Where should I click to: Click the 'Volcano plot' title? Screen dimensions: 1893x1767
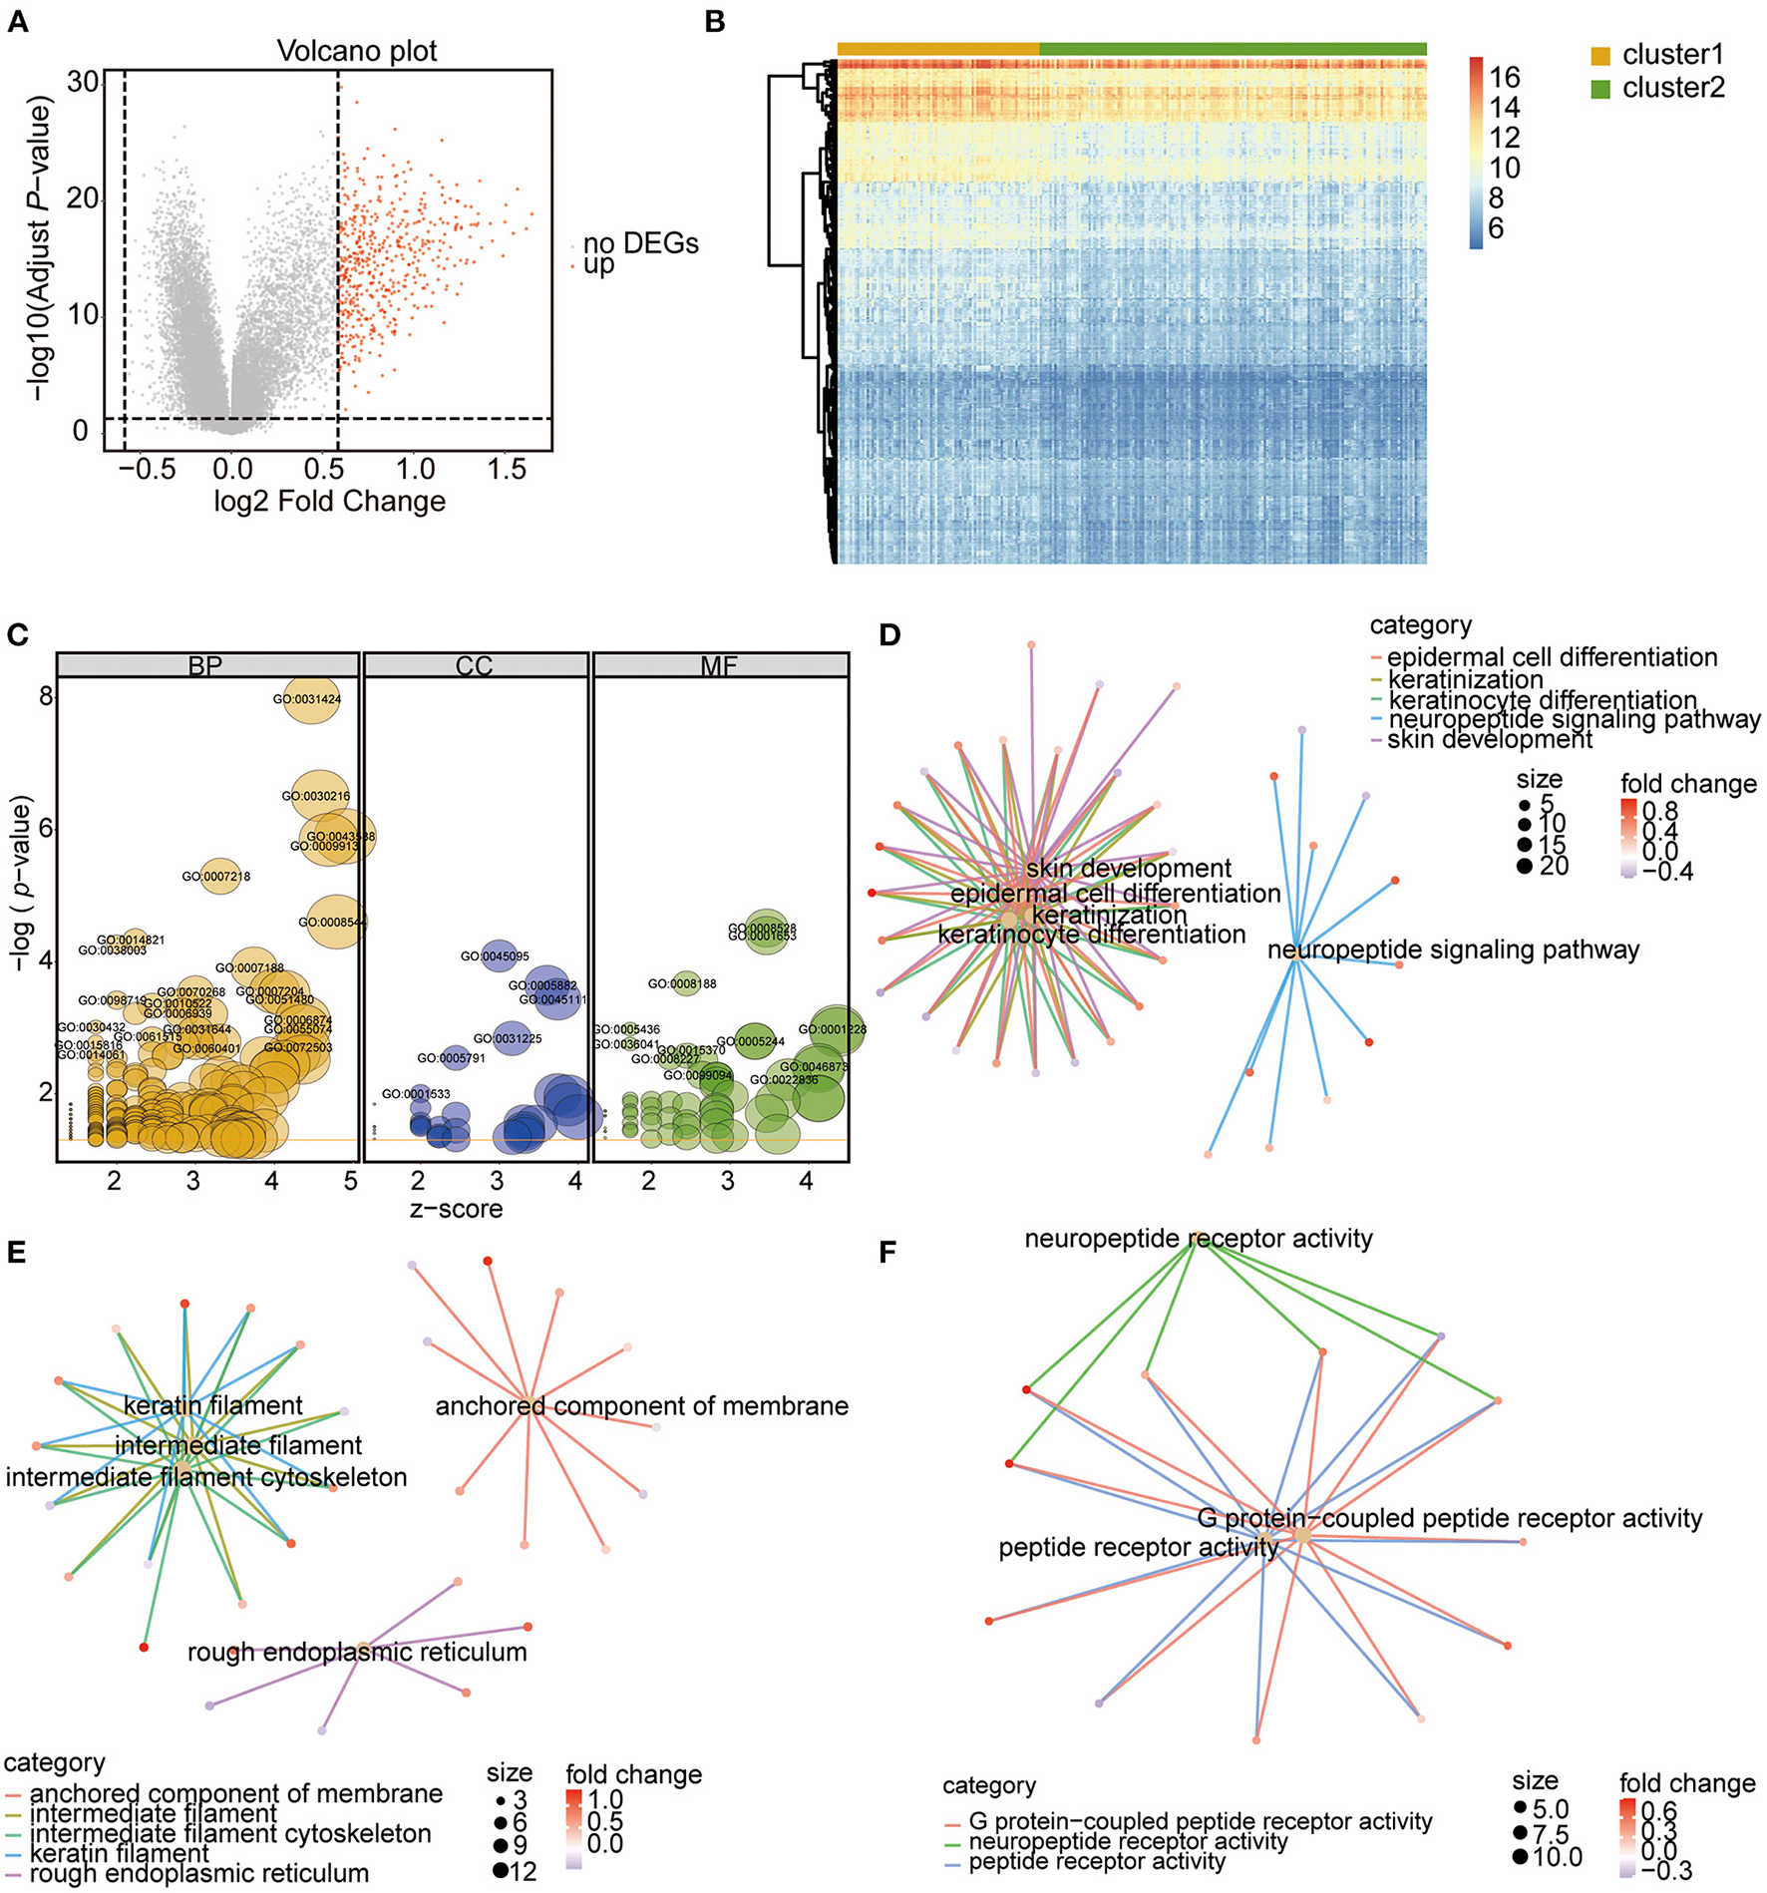(357, 51)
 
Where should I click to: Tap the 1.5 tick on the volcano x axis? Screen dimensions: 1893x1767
(507, 469)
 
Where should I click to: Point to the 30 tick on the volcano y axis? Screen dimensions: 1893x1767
(84, 82)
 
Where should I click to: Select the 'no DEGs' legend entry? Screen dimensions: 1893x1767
(640, 243)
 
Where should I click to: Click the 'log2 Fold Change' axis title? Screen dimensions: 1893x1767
(329, 502)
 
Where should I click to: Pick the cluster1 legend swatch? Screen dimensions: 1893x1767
(1600, 56)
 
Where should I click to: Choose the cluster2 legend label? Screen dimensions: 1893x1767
(1673, 89)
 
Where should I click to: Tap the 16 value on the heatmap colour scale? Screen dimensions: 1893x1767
(1505, 78)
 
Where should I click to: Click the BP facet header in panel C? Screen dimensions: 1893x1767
(205, 666)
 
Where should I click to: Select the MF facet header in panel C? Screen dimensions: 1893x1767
(719, 666)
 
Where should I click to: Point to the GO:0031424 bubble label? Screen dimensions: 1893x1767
(307, 700)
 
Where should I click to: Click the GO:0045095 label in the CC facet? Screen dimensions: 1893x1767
(495, 956)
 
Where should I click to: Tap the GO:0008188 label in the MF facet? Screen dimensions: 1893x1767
(682, 984)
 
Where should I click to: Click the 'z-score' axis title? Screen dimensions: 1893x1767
(456, 1210)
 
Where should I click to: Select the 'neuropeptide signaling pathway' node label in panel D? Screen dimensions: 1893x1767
(1453, 950)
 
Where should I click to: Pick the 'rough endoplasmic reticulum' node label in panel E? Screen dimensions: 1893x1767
(357, 1653)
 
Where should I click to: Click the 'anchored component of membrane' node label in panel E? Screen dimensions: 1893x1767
(642, 1406)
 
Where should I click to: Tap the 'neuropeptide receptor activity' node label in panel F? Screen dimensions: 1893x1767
(1199, 1239)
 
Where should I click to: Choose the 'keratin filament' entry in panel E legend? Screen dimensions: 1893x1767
(120, 1853)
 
